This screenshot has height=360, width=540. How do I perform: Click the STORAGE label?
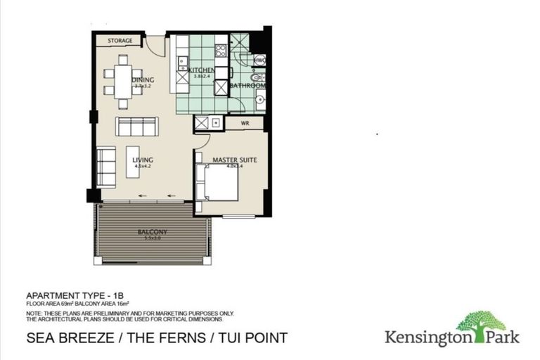pos(121,41)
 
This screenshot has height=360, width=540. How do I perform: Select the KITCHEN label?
pos(201,71)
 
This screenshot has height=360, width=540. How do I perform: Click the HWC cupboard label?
pos(259,61)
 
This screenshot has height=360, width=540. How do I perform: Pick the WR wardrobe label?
pos(245,124)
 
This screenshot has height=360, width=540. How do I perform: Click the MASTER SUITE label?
pos(234,160)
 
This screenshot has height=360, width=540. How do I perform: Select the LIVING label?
pos(143,160)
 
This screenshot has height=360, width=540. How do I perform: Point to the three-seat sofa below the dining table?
pos(137,127)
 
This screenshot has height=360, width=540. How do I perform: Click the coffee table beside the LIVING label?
pos(132,165)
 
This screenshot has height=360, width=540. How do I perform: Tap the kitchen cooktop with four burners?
pos(220,50)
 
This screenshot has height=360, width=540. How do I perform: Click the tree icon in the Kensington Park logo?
pos(481,321)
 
